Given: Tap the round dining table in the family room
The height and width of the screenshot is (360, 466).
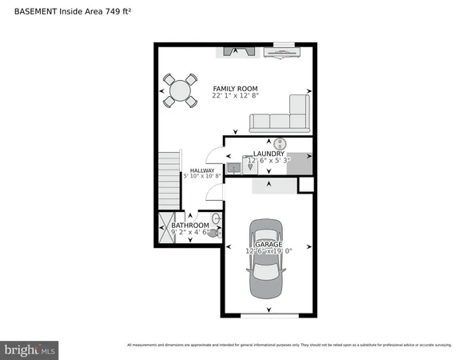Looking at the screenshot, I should tap(181, 90).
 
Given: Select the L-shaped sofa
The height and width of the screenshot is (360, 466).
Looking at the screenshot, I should tap(280, 116).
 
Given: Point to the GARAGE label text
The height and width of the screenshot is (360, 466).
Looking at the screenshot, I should tap(269, 242).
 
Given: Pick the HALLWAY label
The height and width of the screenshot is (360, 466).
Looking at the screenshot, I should tap(201, 170).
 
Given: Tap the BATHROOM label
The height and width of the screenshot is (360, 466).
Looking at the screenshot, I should tap(190, 226).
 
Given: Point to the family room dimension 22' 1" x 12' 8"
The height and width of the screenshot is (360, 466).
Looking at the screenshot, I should tap(235, 95).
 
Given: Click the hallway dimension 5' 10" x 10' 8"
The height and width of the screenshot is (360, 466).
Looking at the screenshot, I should tap(201, 176).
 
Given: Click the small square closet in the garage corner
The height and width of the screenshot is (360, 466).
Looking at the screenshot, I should tap(305, 185).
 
